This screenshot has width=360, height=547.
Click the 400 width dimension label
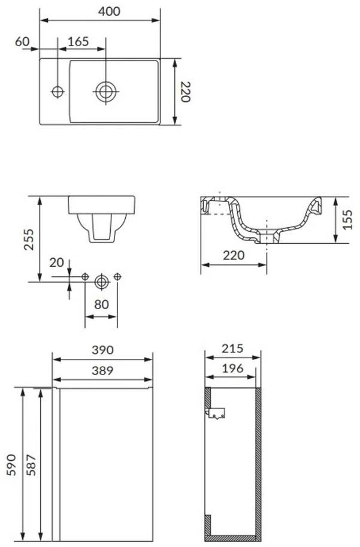point(109,11)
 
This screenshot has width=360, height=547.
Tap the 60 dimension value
point(22,41)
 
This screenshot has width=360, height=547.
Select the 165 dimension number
point(78,41)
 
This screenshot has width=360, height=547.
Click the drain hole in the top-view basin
point(105,92)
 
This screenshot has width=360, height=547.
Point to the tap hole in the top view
point(58,92)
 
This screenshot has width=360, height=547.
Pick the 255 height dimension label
point(29,239)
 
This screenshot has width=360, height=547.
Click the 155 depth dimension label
point(347,219)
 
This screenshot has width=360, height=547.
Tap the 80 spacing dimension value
point(101,304)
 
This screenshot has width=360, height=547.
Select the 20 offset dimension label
point(56,262)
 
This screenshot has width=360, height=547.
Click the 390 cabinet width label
point(102,350)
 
